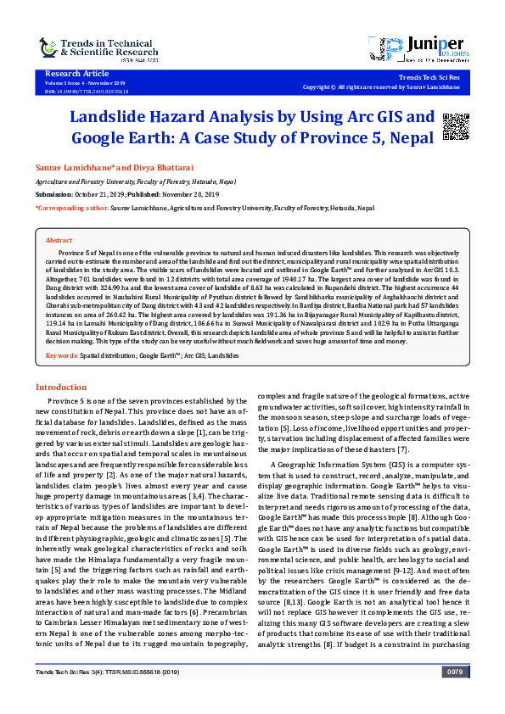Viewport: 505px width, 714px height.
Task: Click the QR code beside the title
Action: point(457,125)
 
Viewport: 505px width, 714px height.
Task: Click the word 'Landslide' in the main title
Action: point(110,117)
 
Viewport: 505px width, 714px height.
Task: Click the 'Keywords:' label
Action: point(61,355)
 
